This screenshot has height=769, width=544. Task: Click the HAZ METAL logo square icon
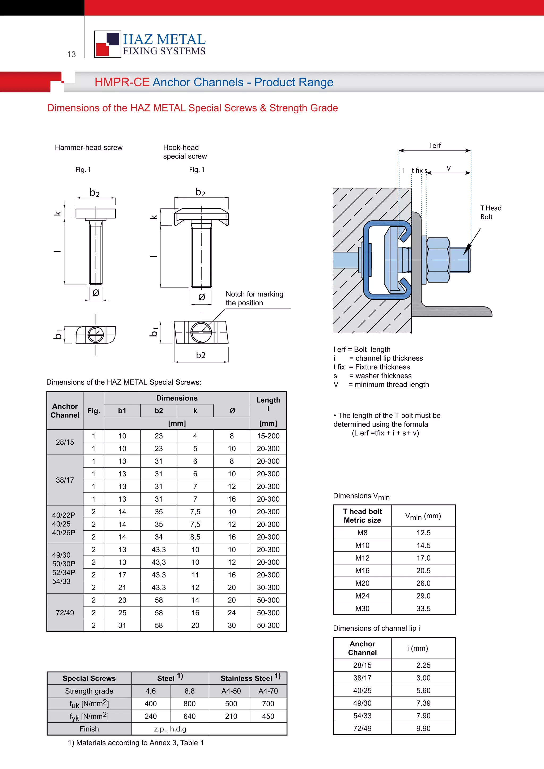tap(108, 44)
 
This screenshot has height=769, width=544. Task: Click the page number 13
tap(71, 54)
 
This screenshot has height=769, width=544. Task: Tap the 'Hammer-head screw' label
tap(88, 147)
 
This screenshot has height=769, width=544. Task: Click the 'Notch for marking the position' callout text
tap(254, 298)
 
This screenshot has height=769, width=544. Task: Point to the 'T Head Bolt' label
tap(490, 212)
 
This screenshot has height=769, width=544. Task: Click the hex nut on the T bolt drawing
tap(438, 260)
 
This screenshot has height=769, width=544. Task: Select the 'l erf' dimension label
tap(435, 145)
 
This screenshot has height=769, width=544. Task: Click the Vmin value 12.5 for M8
tap(423, 533)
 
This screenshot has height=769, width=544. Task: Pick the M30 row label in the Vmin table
tap(362, 609)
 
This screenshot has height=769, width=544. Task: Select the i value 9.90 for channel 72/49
tap(423, 728)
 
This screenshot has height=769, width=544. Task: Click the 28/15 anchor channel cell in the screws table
tap(65, 442)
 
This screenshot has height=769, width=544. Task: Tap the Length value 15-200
tap(268, 436)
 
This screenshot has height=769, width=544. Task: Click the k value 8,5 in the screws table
tap(195, 537)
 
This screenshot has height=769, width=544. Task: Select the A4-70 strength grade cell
tap(268, 691)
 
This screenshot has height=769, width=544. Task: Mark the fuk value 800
tap(189, 704)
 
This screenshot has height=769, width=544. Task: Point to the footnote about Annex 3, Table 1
tap(136, 742)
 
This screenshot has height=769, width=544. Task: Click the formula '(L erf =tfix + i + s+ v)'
tap(385, 433)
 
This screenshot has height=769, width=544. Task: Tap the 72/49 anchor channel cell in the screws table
tap(65, 613)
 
